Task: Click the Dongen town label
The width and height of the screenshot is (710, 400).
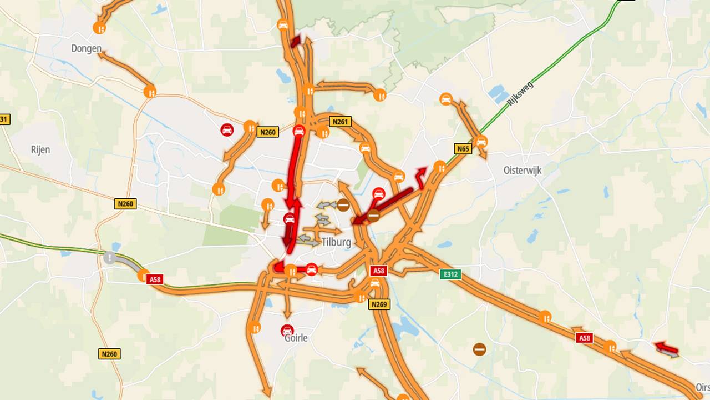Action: (x=86, y=48)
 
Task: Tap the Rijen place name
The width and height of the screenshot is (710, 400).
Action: (x=40, y=149)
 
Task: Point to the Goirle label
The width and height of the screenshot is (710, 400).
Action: (x=296, y=338)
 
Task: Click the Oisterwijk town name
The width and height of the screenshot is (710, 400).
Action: (x=522, y=171)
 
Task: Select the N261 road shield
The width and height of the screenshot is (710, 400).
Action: (x=340, y=121)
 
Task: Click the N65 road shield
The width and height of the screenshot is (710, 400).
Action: (x=463, y=148)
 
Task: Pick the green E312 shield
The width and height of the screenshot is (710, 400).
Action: (x=450, y=274)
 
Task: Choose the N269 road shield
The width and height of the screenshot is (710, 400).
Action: (x=379, y=304)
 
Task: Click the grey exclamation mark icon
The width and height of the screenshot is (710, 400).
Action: (x=110, y=257)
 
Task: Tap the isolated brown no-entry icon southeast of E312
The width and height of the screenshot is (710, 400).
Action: (x=480, y=349)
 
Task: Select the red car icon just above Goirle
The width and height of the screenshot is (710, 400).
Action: (x=287, y=329)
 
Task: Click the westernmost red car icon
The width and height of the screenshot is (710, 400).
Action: (x=227, y=130)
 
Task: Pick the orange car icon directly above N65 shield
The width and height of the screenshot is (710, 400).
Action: (x=481, y=141)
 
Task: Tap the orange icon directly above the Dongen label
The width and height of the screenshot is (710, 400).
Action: (x=100, y=27)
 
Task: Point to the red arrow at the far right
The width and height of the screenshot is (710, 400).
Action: (x=666, y=348)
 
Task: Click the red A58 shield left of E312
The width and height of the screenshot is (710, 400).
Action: (x=378, y=271)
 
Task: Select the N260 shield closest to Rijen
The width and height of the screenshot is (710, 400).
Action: (x=125, y=204)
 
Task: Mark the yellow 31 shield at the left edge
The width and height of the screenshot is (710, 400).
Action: (x=4, y=119)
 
